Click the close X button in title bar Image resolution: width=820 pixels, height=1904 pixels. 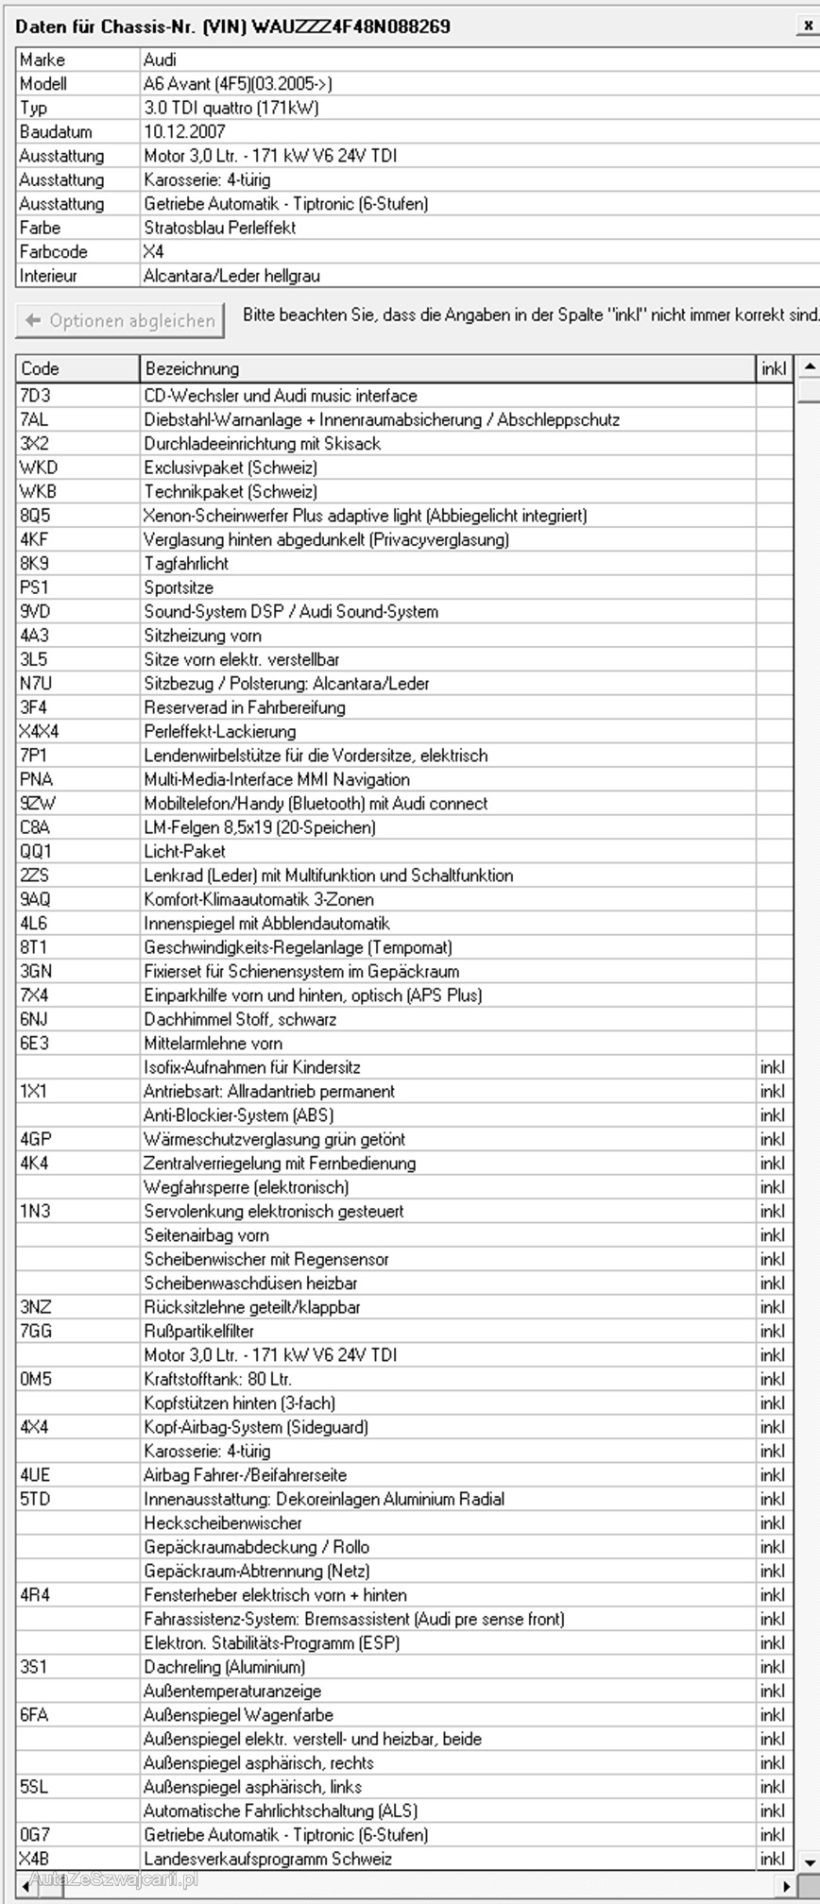808,26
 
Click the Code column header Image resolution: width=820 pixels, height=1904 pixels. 40,368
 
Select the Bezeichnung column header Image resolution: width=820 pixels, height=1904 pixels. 192,368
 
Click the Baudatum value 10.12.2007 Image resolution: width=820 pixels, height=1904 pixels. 184,132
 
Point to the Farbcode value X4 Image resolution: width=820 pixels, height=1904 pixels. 153,252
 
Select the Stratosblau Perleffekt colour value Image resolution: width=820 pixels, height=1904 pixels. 219,228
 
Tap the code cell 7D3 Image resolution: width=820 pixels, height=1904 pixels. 35,396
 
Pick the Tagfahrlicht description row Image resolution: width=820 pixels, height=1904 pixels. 186,564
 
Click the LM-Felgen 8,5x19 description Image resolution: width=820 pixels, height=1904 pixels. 260,827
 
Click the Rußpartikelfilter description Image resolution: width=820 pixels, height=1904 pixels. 198,1331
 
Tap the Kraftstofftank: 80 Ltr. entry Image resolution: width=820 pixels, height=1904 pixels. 217,1379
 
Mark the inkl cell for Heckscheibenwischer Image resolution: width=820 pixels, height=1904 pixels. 772,1522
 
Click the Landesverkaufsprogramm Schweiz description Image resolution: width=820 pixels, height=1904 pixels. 267,1859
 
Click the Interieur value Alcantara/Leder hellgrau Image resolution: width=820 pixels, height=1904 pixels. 231,276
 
